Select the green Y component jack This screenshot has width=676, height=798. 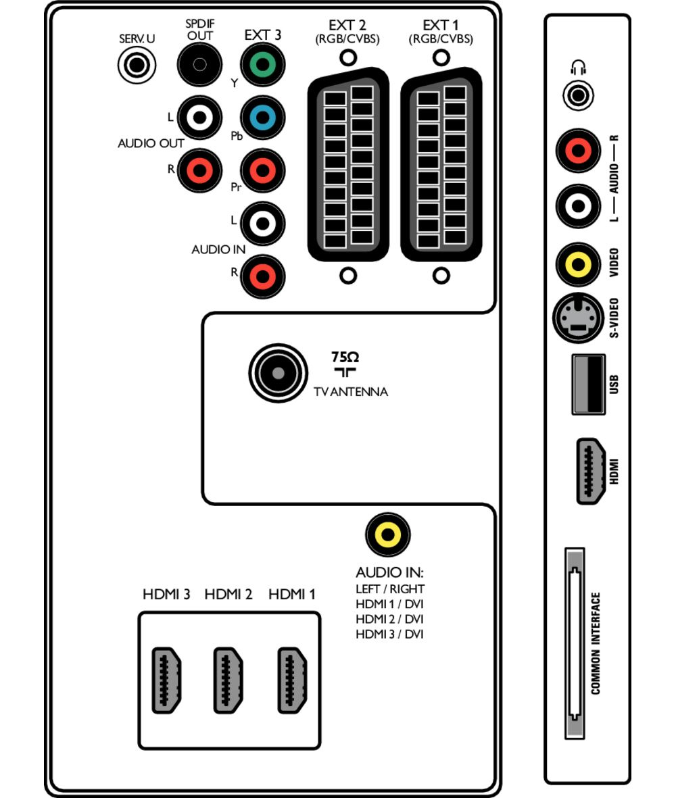(262, 66)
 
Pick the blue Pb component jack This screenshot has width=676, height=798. (262, 118)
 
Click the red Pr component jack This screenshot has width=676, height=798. (262, 170)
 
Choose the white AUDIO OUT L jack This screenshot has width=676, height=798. (199, 118)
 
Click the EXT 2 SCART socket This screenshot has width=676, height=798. (348, 166)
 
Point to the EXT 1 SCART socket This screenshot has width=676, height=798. (441, 166)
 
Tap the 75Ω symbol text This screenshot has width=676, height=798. (345, 357)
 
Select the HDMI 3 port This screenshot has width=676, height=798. (166, 680)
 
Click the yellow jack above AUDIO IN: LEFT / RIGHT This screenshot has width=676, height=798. (387, 535)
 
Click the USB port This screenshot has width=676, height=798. (587, 383)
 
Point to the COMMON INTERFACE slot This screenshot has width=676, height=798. (574, 644)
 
